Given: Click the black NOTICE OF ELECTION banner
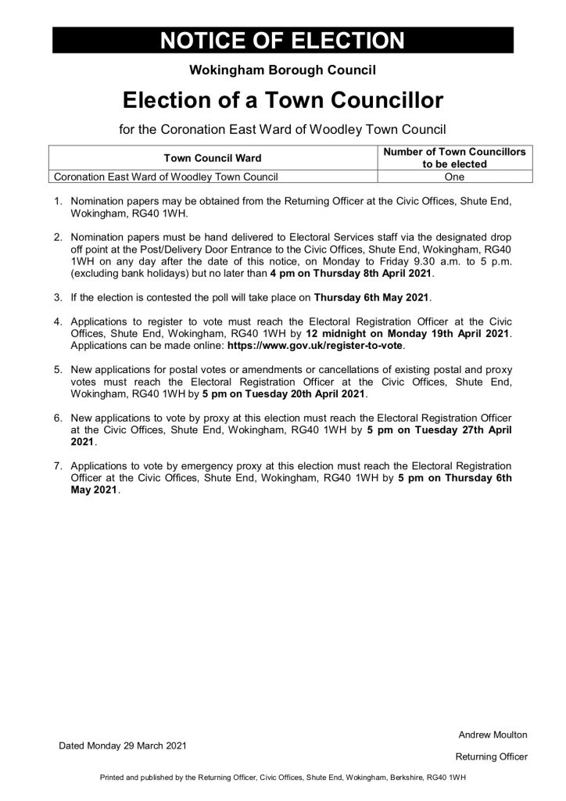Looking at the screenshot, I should pyautogui.click(x=283, y=41).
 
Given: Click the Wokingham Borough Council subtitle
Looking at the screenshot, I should pyautogui.click(x=283, y=70).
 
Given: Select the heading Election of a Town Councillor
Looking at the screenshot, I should pyautogui.click(x=283, y=100).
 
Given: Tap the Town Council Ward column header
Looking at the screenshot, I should pyautogui.click(x=212, y=158).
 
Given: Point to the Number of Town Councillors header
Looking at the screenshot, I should pyautogui.click(x=454, y=152).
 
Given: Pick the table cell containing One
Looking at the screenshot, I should pyautogui.click(x=454, y=177).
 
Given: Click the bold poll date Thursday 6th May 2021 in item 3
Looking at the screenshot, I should pyautogui.click(x=372, y=298).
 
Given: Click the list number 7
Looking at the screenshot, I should pyautogui.click(x=57, y=466).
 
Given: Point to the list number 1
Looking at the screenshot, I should pyautogui.click(x=57, y=201).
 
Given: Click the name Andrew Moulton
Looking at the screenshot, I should pyautogui.click(x=493, y=735).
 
